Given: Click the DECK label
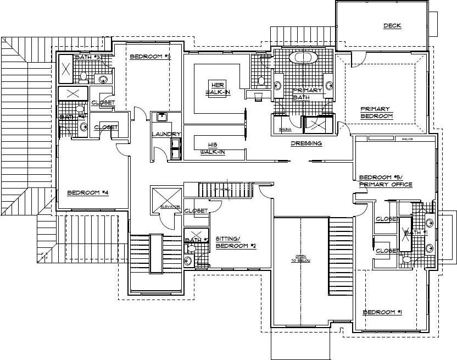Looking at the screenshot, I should tap(392, 26).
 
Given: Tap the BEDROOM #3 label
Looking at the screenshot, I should tap(151, 57).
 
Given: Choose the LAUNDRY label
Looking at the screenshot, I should tap(166, 134).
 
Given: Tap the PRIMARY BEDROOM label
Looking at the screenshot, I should tap(376, 112).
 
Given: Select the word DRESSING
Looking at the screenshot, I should tap(306, 143).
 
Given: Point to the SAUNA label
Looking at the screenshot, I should tap(285, 130).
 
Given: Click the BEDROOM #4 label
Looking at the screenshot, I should tap(88, 192).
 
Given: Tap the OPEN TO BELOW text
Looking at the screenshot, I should tap(301, 259).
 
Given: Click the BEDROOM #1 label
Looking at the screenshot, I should tap(382, 312).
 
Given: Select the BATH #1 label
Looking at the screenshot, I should tap(415, 233).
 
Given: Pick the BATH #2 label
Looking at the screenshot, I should tap(197, 240).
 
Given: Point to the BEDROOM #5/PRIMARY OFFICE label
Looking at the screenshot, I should tap(385, 181).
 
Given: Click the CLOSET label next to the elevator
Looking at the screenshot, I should tap(196, 211).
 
